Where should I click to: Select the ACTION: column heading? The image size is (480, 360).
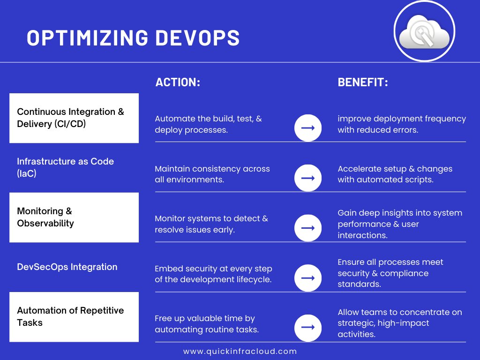tap(178, 82)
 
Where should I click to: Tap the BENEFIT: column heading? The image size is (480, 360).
tap(363, 82)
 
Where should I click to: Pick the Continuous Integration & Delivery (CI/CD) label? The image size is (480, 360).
tap(71, 118)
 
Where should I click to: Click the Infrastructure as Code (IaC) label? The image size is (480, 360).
tap(65, 167)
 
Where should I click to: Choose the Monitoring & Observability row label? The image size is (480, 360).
tap(45, 217)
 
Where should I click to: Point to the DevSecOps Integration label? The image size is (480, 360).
tap(67, 267)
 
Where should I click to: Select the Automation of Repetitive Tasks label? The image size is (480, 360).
tap(70, 316)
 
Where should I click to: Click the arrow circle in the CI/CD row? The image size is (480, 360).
tap(307, 128)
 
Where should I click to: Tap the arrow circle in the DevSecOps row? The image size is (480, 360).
tap(307, 278)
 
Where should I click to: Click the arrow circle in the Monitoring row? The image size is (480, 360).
tap(307, 228)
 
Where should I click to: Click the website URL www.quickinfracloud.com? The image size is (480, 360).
tap(240, 351)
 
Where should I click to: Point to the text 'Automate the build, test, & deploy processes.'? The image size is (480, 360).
tap(208, 124)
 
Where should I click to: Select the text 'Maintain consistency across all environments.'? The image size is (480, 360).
tap(212, 174)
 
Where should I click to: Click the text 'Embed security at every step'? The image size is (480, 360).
tap(213, 269)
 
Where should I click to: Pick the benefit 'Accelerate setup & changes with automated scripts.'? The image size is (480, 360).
tap(395, 174)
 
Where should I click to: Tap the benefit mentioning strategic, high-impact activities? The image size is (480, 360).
tap(400, 323)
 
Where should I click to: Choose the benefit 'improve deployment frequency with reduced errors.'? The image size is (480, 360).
tap(402, 124)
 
